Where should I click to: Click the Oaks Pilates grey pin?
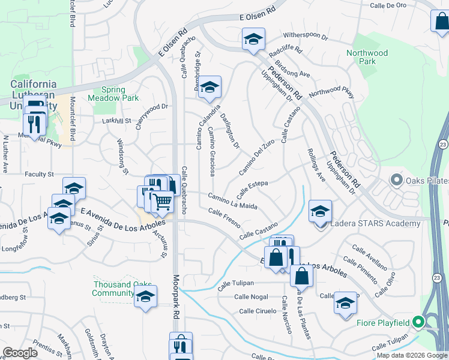[396, 180]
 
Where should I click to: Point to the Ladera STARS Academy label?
[374, 224]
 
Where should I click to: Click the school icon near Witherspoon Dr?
[254, 41]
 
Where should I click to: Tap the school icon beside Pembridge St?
[210, 88]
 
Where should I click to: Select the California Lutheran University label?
[34, 95]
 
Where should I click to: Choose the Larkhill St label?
[115, 121]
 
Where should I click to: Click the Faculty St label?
[40, 175]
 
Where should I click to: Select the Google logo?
[20, 353]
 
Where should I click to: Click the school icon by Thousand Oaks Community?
[145, 297]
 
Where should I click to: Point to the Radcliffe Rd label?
[285, 53]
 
